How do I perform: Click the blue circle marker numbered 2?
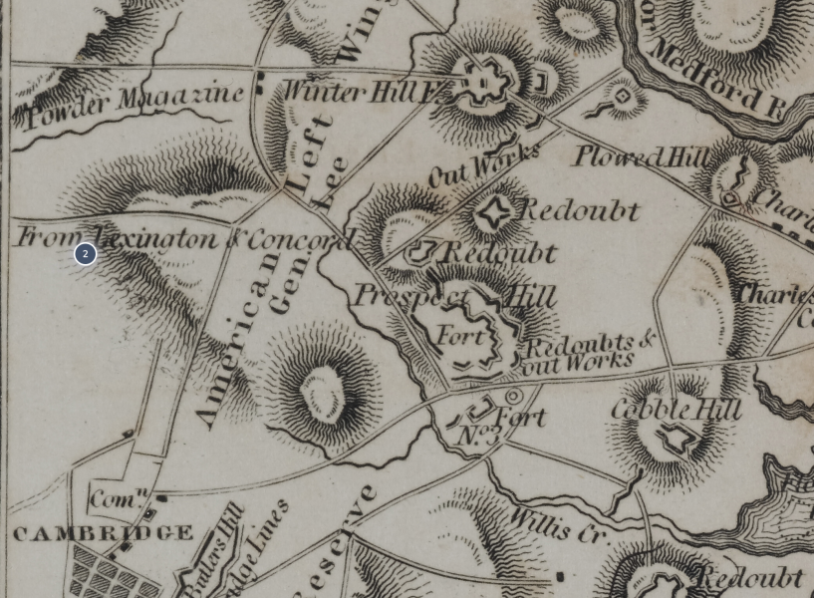coord(85,254)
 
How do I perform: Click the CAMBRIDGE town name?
coord(103,533)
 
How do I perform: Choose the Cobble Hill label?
coord(676,409)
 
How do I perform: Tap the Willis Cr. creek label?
coord(558,524)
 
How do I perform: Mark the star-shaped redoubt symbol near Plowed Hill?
coord(492,213)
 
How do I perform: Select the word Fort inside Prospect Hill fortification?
coord(460,336)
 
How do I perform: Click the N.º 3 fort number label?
coord(479,437)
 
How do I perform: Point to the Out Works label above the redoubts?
coord(484,163)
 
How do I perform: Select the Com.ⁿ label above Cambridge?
coord(119,496)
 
